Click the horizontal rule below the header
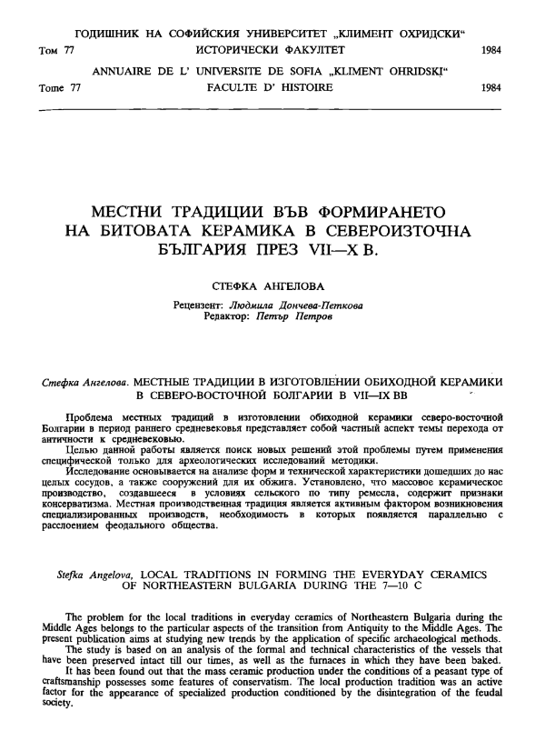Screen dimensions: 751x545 tap(272, 110)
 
